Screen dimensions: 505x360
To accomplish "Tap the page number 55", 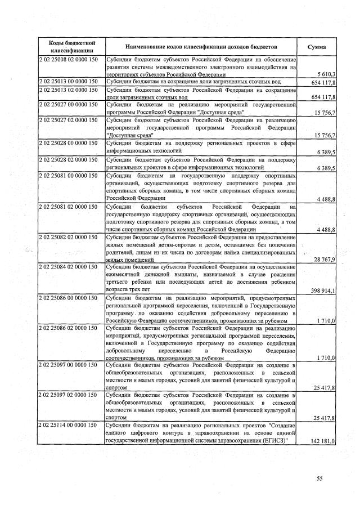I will pyautogui.click(x=319, y=479).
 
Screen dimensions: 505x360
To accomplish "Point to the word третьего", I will pyautogui.click(x=119, y=283).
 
